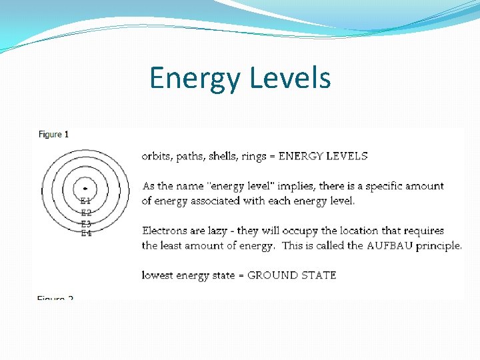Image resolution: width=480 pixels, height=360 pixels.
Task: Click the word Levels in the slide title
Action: point(290,77)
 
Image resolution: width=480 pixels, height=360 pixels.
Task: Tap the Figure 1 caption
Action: point(53,134)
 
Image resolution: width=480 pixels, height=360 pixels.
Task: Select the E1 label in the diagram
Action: point(86,201)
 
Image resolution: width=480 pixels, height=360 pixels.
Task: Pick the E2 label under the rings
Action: point(86,213)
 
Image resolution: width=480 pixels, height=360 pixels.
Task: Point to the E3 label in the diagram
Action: point(86,224)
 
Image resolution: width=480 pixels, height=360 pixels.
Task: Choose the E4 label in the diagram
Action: point(86,233)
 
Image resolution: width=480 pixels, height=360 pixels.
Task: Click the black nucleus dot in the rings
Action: point(85,189)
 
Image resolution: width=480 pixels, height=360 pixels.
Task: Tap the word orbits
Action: point(157,157)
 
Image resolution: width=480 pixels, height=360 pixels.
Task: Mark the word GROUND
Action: point(271,275)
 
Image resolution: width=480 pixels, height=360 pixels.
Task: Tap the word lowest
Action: point(158,275)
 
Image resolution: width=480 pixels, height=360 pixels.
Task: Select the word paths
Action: point(191,157)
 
